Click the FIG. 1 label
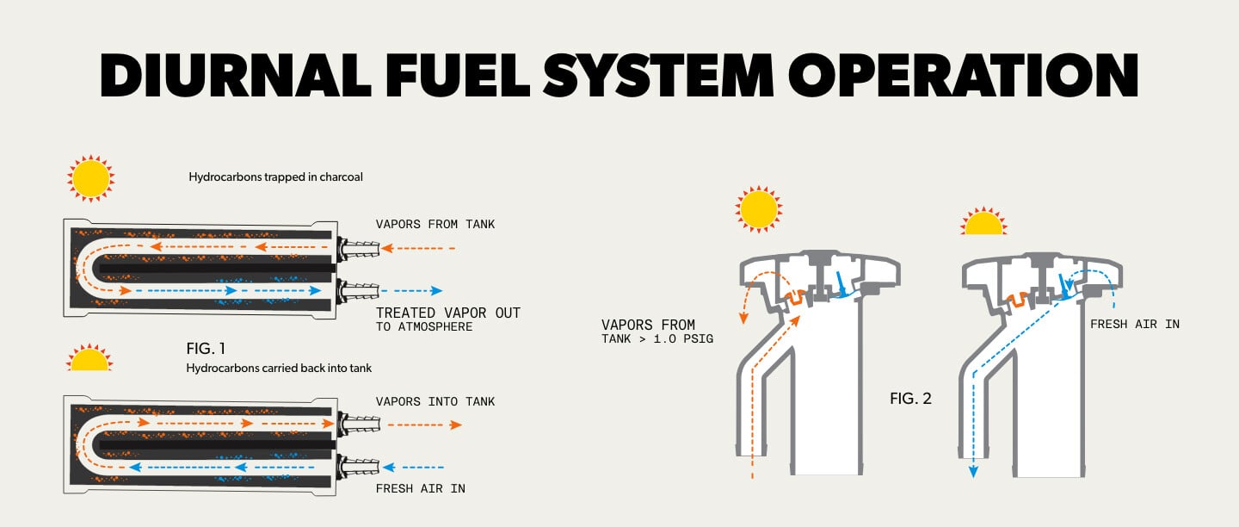click(206, 349)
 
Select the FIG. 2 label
click(910, 399)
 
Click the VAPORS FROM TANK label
click(435, 224)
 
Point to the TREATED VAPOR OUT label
click(448, 313)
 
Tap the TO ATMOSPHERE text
click(424, 327)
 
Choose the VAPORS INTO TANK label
click(435, 401)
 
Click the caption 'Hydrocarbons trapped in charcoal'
click(275, 177)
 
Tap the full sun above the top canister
click(90, 178)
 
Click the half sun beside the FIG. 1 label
click(89, 359)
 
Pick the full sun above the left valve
click(759, 209)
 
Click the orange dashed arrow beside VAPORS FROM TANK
click(417, 248)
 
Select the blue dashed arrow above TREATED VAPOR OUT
click(411, 291)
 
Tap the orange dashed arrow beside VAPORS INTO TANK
click(423, 425)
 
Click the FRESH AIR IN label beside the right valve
click(1134, 325)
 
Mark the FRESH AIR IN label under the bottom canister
click(420, 488)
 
